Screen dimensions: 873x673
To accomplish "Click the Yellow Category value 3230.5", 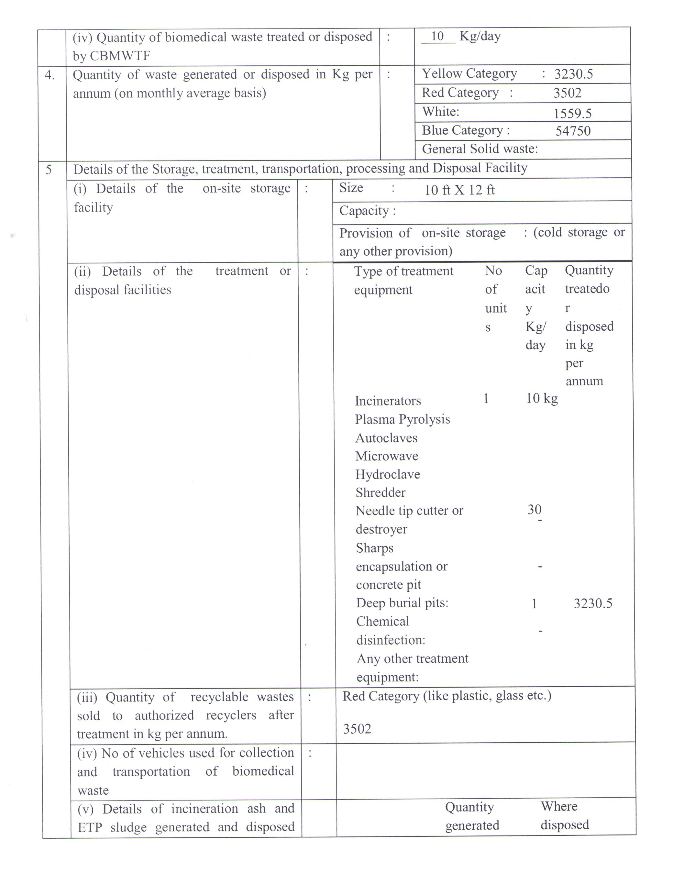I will (573, 74).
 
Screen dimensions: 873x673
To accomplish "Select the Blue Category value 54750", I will (573, 131).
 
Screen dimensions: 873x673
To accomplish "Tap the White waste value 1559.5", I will (572, 114).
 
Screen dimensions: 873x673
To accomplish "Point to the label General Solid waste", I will (480, 149).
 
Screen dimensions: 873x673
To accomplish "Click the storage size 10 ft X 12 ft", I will (459, 190).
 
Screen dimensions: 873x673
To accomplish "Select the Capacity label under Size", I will (367, 211).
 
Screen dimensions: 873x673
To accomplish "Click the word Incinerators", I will (388, 401).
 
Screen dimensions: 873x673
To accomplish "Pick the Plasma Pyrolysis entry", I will (402, 419).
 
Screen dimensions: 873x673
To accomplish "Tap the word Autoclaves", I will (386, 438).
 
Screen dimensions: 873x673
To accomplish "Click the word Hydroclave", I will (387, 474).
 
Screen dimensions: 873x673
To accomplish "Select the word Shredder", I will (380, 492).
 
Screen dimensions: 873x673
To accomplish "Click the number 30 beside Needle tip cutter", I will (534, 509).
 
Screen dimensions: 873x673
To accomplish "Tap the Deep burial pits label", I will (402, 603).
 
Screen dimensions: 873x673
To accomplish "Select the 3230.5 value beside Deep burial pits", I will (593, 603).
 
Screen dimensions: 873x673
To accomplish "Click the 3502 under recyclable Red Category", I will (357, 729).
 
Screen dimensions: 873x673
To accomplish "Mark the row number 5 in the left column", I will (48, 170).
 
